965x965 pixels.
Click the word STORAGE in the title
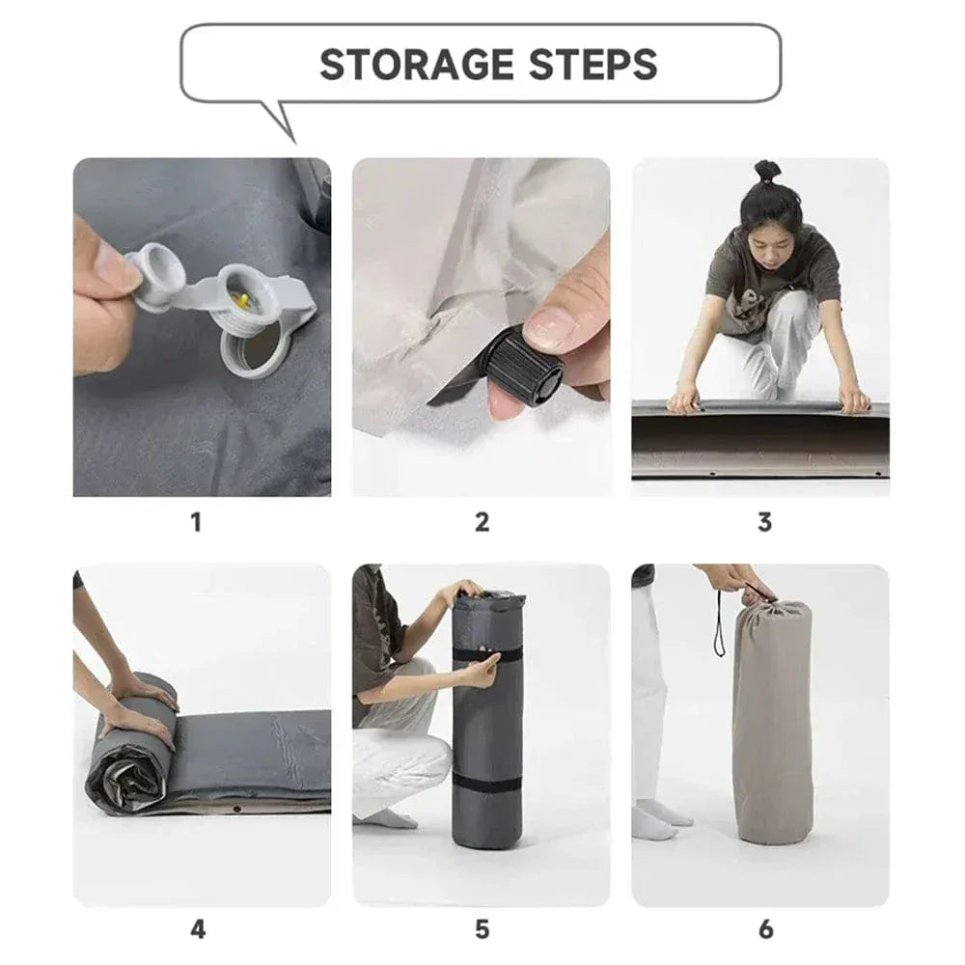click(415, 65)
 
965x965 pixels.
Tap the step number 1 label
click(196, 522)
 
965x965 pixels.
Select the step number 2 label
click(482, 522)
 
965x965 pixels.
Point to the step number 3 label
click(764, 522)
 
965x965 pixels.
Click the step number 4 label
click(197, 929)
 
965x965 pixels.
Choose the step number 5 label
click(482, 929)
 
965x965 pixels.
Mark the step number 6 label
click(765, 929)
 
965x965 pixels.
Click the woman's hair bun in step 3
click(767, 172)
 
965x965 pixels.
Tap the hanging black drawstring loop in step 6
click(718, 627)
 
